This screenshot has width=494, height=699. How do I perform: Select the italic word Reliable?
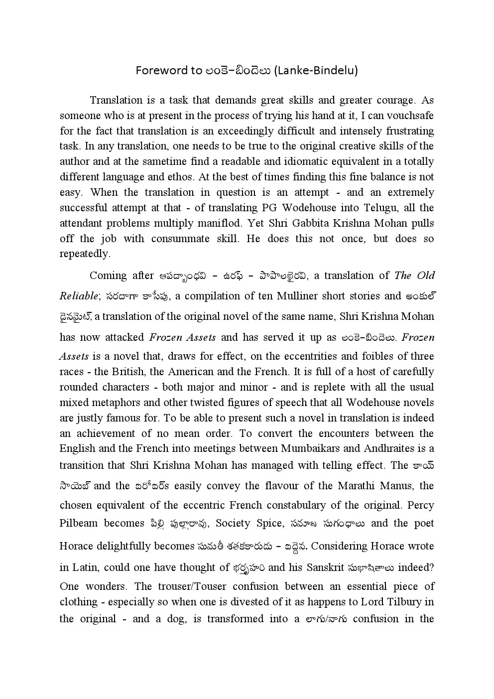tap(79, 296)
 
